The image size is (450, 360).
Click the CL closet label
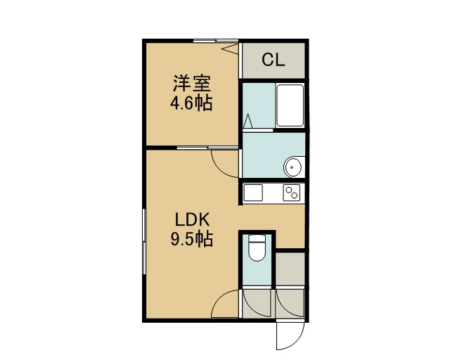click(274, 60)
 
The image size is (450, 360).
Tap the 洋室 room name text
click(192, 83)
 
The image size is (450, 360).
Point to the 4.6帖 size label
click(191, 103)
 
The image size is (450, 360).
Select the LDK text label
click(193, 220)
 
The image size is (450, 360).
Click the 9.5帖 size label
click(192, 240)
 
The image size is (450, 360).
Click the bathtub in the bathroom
click(290, 105)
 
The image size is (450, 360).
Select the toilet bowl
click(257, 247)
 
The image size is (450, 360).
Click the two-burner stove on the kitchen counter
click(292, 193)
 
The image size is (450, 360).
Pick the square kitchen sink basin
click(253, 193)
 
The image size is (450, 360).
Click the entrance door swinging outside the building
click(290, 336)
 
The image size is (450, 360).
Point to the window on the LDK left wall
click(144, 242)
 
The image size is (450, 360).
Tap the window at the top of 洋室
click(216, 41)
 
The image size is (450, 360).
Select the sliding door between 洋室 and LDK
click(207, 148)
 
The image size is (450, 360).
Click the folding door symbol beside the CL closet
click(231, 49)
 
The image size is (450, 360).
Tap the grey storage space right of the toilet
click(290, 269)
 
